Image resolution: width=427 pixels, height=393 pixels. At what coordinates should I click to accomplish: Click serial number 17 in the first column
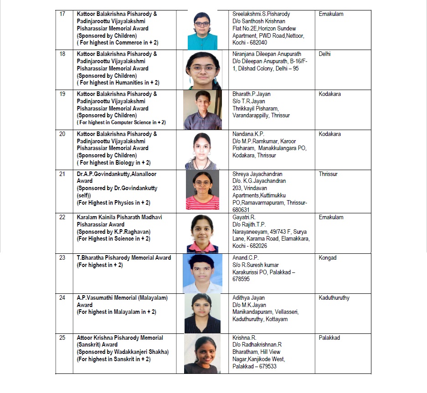click(x=62, y=14)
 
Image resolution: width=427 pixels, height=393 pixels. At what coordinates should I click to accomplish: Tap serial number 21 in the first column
click(x=62, y=174)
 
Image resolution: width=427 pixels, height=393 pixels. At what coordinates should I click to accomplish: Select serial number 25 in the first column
click(x=62, y=338)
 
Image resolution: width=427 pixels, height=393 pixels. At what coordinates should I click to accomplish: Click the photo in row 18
click(x=202, y=70)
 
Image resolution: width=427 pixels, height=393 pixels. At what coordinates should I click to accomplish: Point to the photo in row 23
click(x=202, y=273)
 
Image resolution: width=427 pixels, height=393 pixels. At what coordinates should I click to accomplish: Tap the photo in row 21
click(x=202, y=190)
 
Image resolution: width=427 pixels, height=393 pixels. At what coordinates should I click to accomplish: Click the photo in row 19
click(x=202, y=110)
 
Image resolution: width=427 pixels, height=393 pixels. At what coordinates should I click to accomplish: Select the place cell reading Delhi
click(x=325, y=54)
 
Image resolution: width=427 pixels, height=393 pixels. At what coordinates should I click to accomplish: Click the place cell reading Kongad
click(x=328, y=258)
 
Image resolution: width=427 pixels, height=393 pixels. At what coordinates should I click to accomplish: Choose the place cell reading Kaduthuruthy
click(x=334, y=298)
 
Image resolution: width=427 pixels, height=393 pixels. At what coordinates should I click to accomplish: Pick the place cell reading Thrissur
click(x=328, y=174)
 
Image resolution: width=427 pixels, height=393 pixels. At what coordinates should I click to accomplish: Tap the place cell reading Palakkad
click(x=329, y=338)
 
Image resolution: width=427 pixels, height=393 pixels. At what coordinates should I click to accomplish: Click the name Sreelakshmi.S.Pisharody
click(x=261, y=14)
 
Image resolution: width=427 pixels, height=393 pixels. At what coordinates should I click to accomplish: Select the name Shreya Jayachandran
click(x=257, y=174)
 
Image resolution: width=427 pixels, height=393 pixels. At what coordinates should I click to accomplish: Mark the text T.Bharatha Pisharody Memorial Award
click(x=124, y=258)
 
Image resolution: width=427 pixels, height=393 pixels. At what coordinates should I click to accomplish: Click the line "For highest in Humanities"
click(x=118, y=83)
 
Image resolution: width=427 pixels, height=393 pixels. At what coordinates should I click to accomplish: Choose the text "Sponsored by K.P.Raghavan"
click(x=113, y=232)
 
